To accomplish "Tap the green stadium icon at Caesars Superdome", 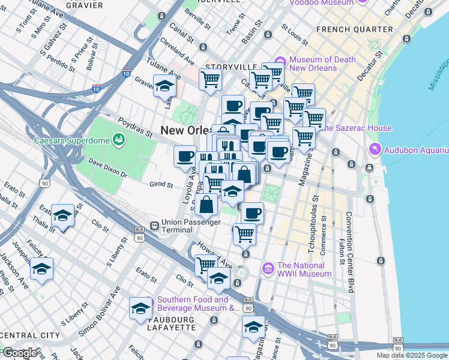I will [x=120, y=140].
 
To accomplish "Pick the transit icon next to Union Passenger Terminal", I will [x=154, y=226].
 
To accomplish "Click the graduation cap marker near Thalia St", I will [x=62, y=215].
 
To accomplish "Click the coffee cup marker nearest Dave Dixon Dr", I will [x=185, y=157].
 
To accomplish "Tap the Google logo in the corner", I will [x=19, y=352].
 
